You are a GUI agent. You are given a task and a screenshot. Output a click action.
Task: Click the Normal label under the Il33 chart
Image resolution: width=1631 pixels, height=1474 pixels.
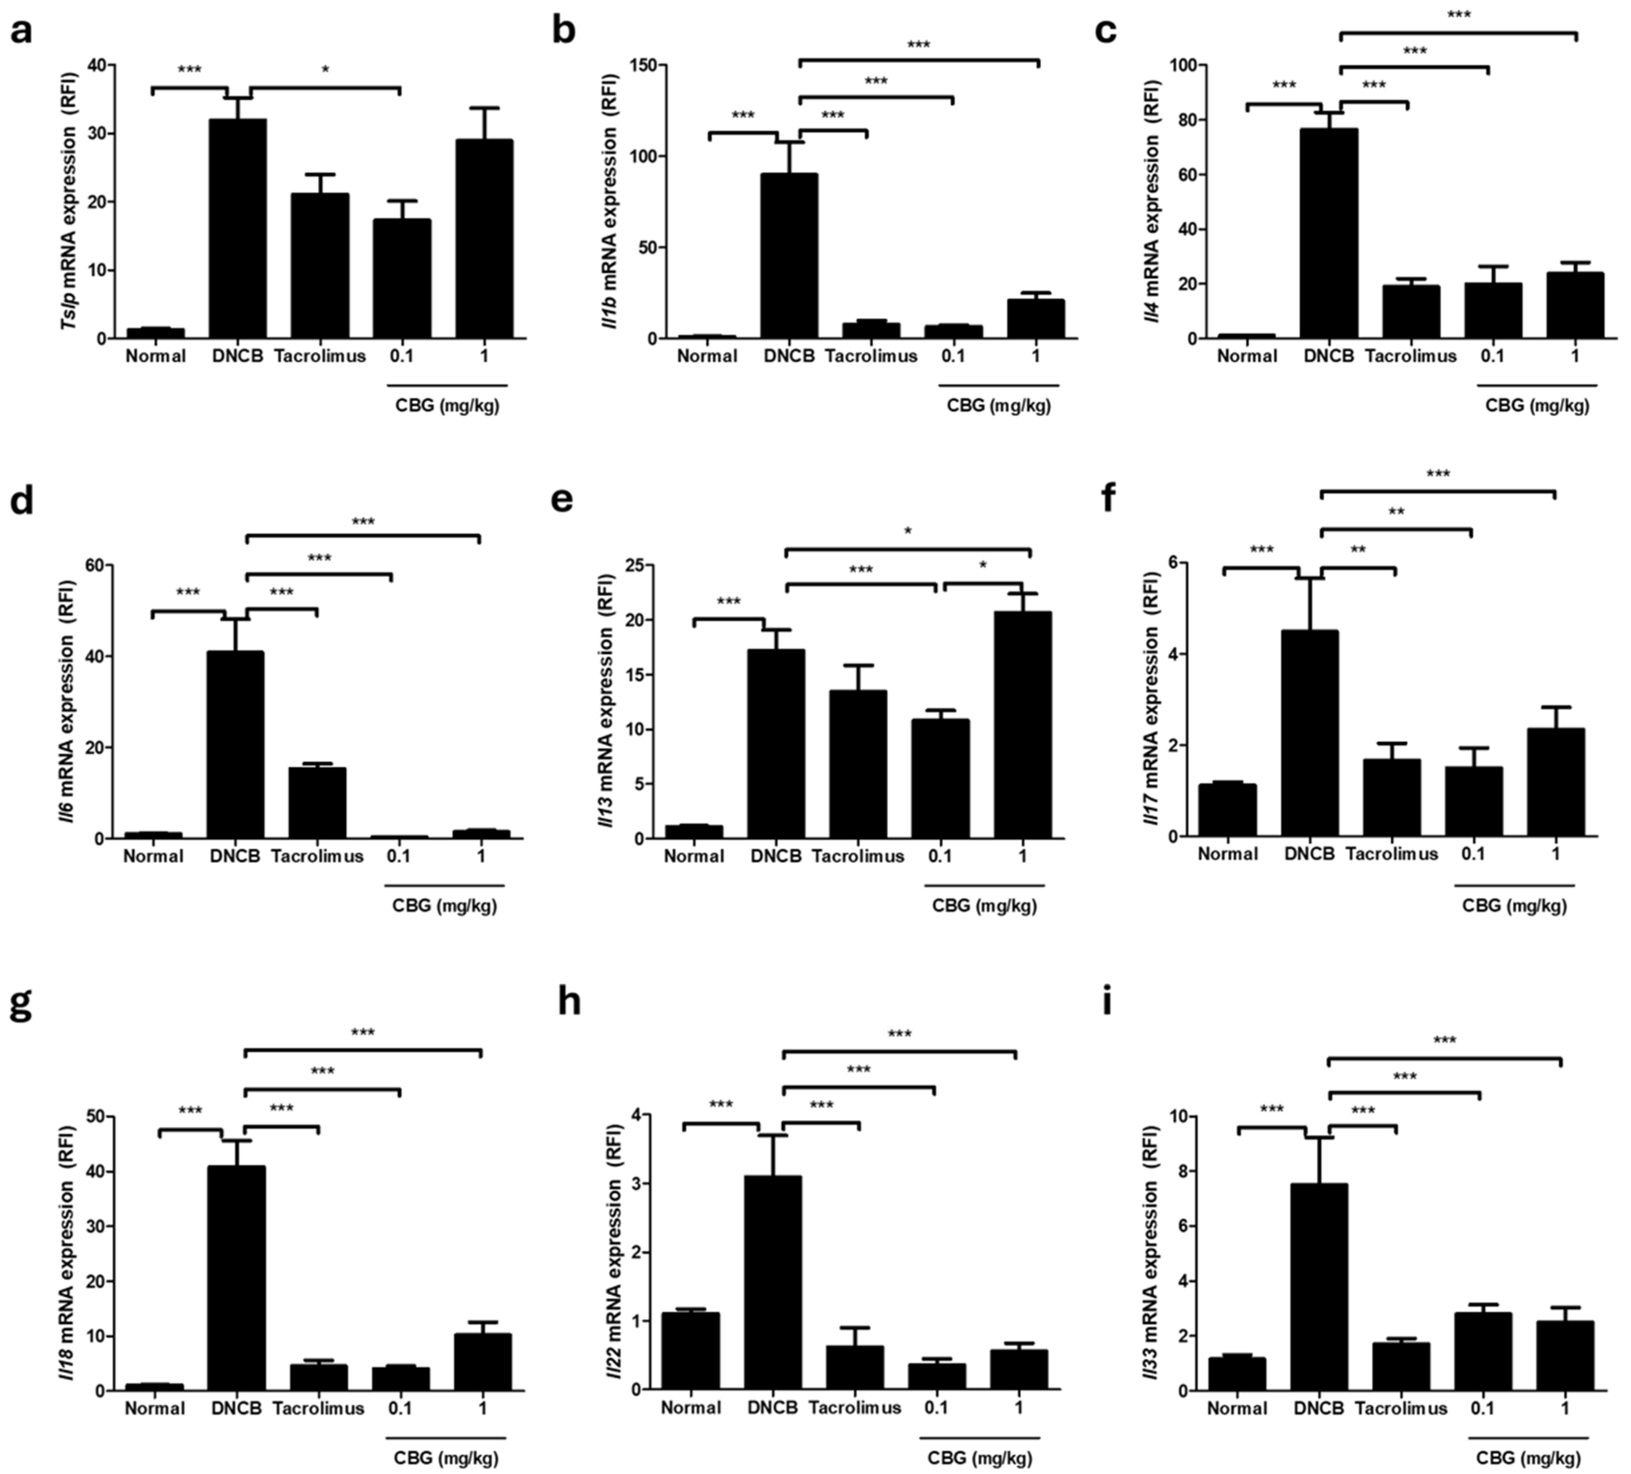(x=1237, y=1408)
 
